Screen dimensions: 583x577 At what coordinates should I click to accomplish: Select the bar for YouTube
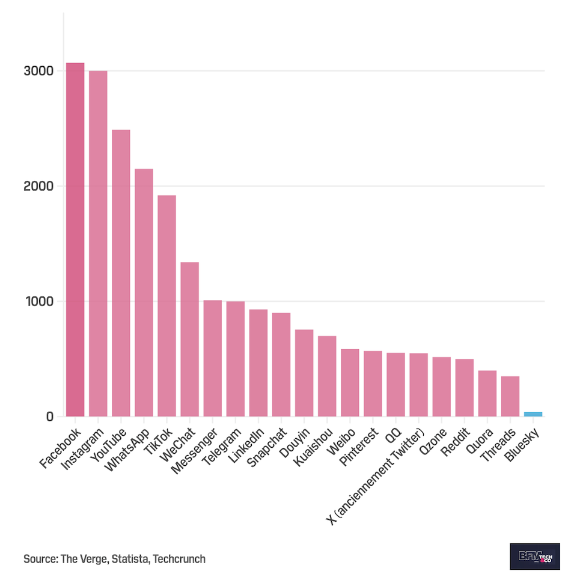point(121,273)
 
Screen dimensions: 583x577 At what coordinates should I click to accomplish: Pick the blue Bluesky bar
point(533,414)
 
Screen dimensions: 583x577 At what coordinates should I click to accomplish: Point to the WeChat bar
point(189,339)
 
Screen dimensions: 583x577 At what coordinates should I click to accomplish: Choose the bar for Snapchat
point(281,364)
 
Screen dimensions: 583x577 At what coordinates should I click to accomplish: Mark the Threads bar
point(510,396)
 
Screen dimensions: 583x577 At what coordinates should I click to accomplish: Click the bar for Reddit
point(465,388)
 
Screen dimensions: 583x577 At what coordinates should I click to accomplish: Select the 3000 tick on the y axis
point(39,71)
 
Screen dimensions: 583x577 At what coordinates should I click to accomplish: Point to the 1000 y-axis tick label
point(39,301)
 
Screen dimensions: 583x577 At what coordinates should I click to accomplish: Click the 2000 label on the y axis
point(39,186)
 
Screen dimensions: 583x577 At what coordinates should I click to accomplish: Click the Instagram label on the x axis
point(84,447)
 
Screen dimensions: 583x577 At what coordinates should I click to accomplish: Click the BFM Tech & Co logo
point(534,557)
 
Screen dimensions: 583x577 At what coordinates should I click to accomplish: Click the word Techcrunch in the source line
point(179,559)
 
